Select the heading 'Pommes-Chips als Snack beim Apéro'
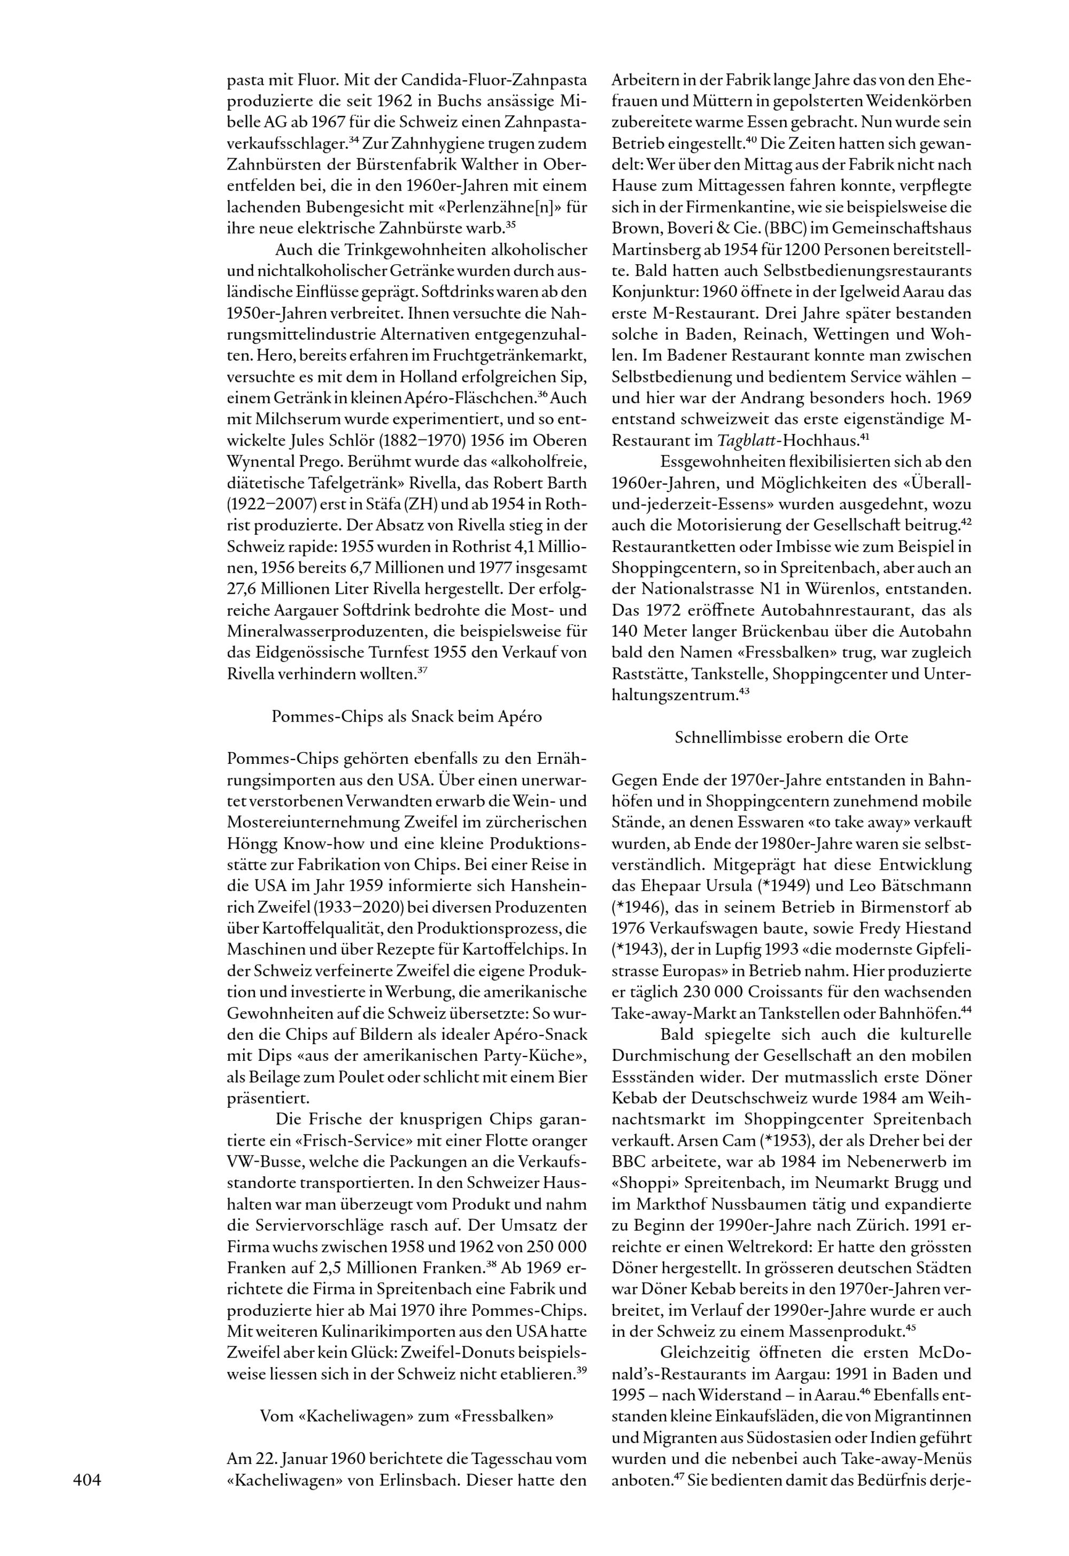407,716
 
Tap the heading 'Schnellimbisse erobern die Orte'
791,738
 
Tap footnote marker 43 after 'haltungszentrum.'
743,691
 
